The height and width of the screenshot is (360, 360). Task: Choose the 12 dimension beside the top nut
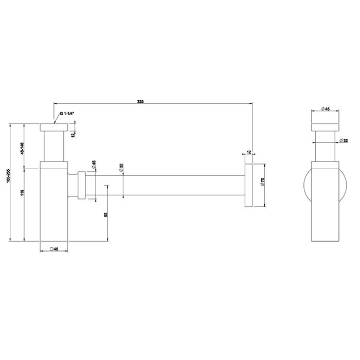point(74,134)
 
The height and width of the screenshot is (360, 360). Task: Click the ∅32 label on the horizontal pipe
point(121,169)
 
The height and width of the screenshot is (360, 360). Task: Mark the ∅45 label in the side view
point(324,109)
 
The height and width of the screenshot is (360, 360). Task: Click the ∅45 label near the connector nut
point(94,165)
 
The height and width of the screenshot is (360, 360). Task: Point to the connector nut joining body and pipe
point(80,185)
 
